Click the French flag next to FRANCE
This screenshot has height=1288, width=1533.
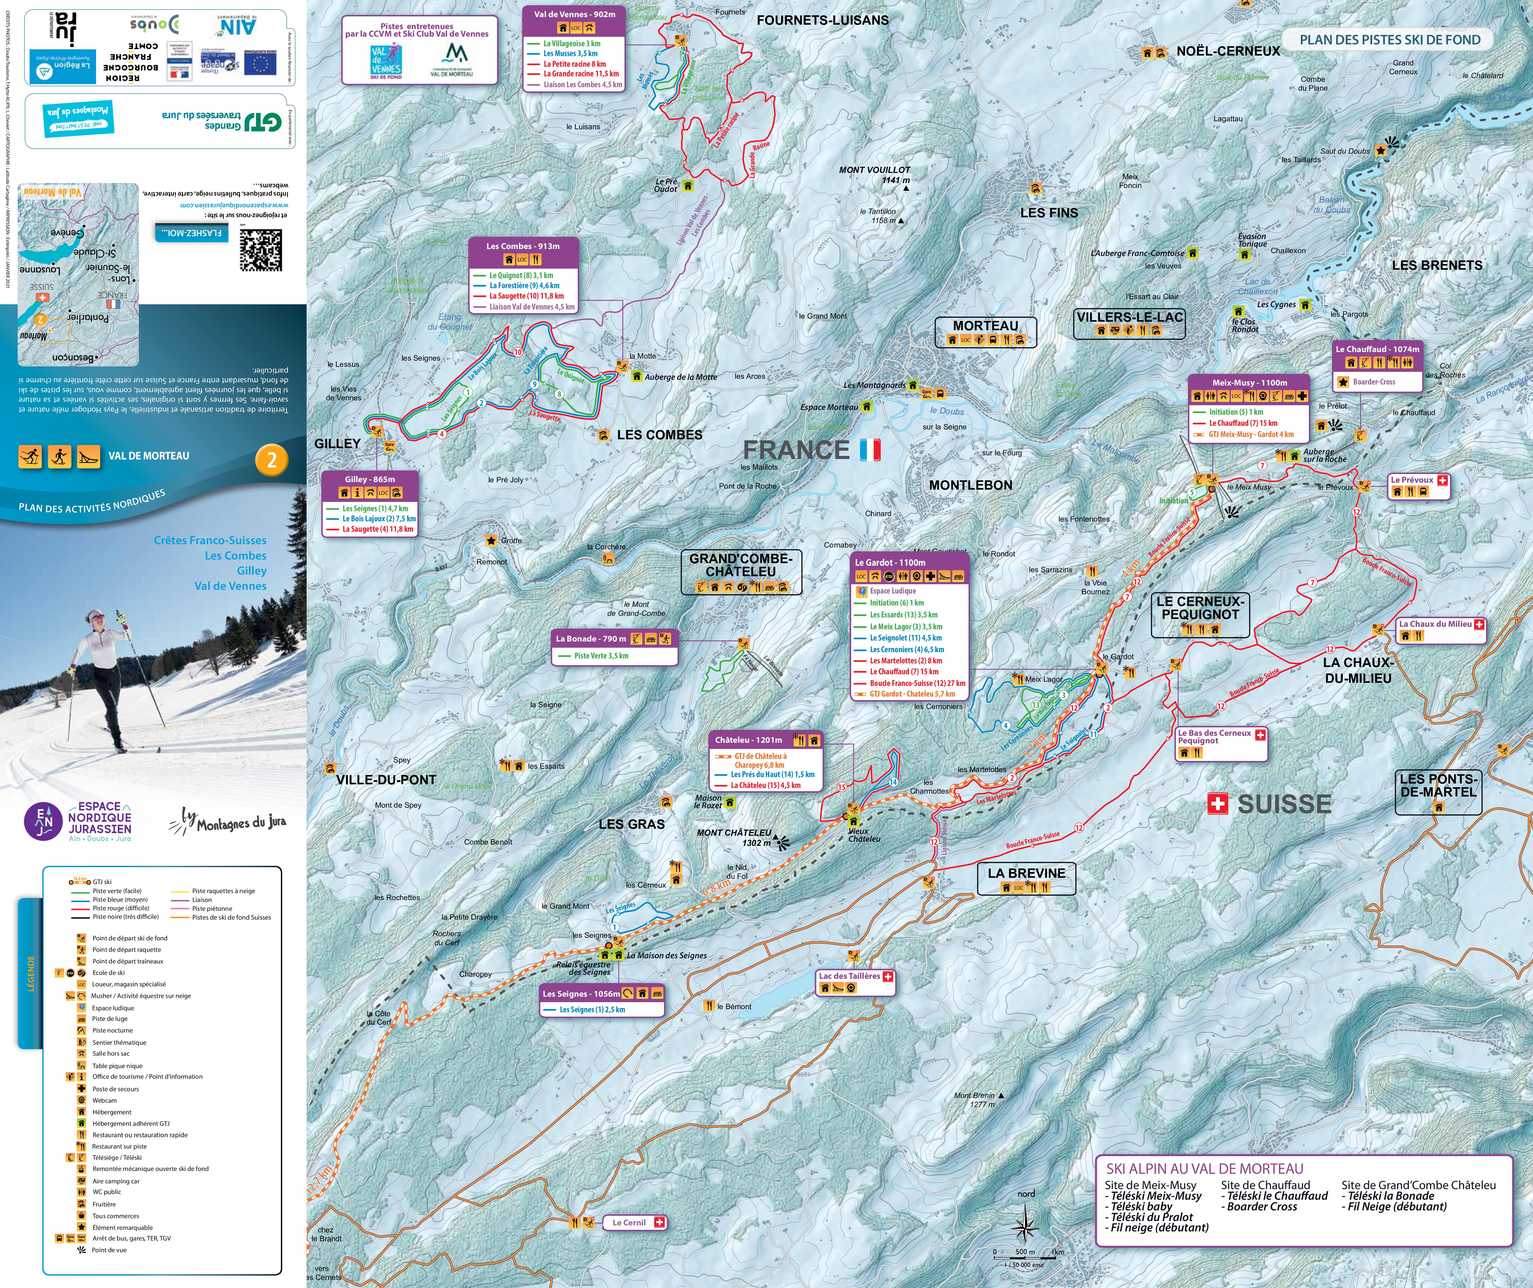pyautogui.click(x=870, y=450)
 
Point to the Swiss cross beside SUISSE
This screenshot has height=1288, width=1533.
pyautogui.click(x=1217, y=804)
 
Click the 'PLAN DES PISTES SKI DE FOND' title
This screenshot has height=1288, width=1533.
pyautogui.click(x=1390, y=40)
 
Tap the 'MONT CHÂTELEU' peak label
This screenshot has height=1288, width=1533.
pyautogui.click(x=734, y=832)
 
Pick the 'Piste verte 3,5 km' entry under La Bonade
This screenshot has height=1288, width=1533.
pyautogui.click(x=601, y=656)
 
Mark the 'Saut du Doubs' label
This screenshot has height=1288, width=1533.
pyautogui.click(x=1345, y=151)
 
